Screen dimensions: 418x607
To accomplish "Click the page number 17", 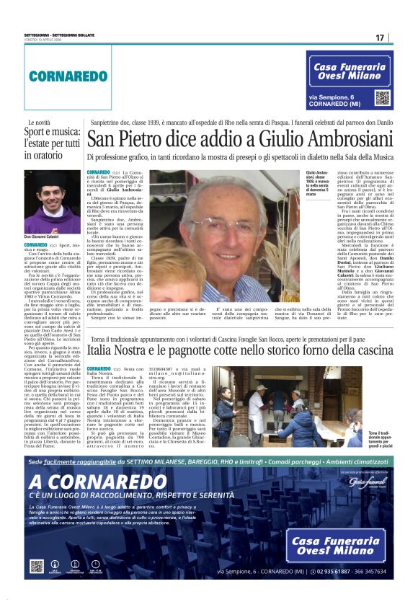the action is [x=380, y=37].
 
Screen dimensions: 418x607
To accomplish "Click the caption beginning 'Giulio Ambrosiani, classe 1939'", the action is [x=315, y=185].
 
